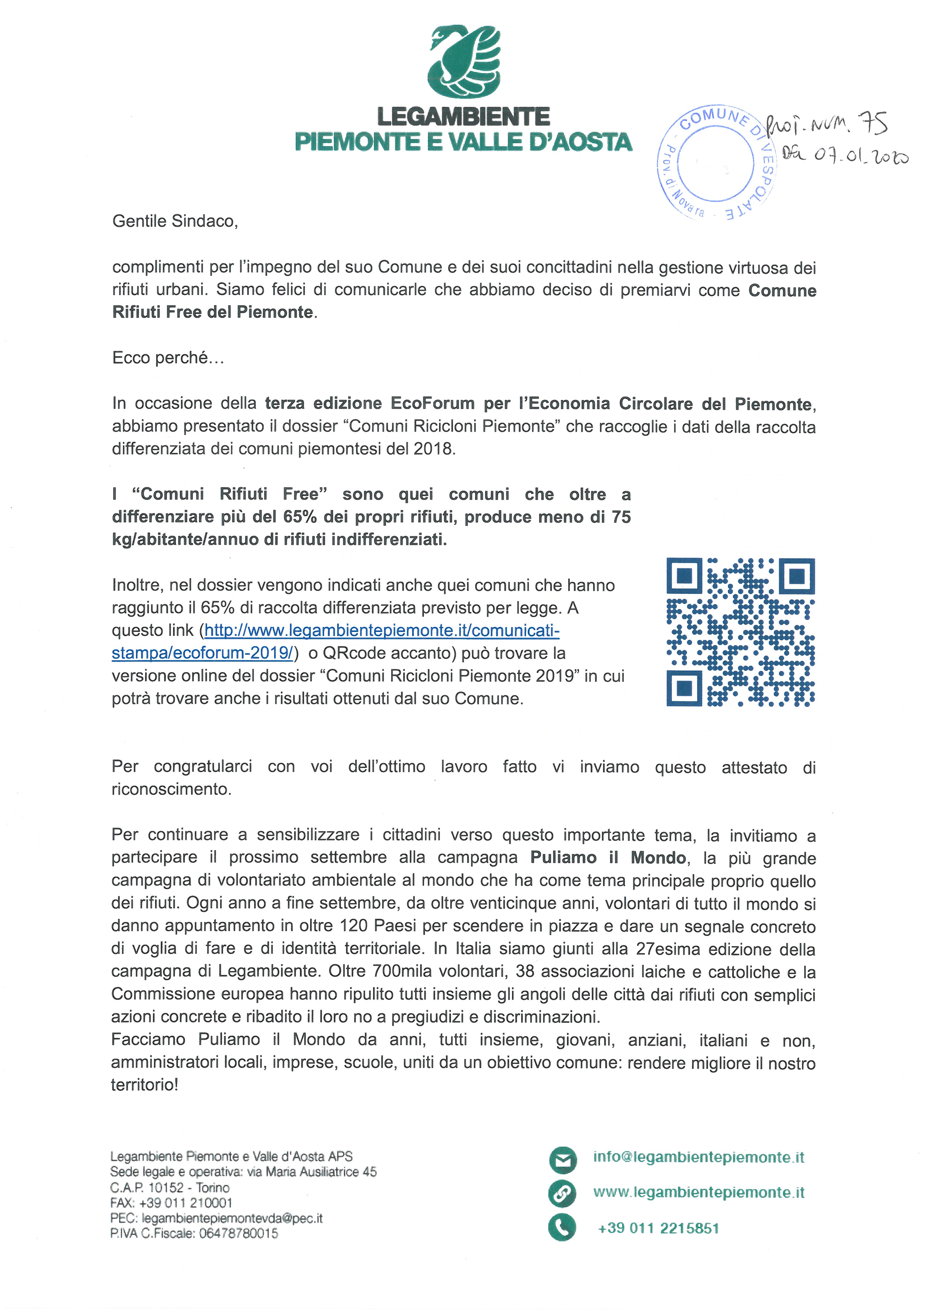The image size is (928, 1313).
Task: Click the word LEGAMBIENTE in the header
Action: tap(463, 117)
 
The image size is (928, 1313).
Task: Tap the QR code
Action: tap(741, 632)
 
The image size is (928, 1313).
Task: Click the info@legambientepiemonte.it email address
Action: tap(698, 1157)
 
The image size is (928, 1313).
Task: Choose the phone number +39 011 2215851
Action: tap(658, 1228)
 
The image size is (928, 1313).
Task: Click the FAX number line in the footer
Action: tap(171, 1203)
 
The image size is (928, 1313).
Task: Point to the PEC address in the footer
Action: tap(216, 1218)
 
